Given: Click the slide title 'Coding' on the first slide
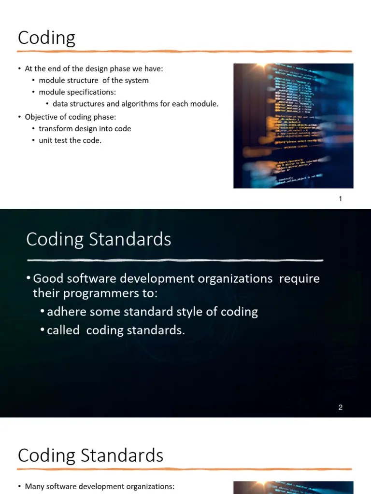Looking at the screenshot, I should coord(46,39).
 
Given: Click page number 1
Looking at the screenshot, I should coord(341,199).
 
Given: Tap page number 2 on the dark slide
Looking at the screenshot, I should coord(341,408).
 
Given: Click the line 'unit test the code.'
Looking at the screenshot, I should coord(70,140).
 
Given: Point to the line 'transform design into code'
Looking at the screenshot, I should coord(85,129).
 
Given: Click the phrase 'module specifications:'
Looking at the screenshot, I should coord(77,92).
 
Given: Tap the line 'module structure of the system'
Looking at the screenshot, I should coord(94,81).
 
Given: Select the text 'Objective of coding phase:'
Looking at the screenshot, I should coord(71,117).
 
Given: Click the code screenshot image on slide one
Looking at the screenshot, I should coord(293,126).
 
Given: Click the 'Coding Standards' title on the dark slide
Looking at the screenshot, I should coord(99,239).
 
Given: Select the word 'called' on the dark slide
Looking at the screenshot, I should coord(63,331).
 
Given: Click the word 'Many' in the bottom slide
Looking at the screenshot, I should coord(34,487).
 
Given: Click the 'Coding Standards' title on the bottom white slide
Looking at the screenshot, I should coord(90,455).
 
